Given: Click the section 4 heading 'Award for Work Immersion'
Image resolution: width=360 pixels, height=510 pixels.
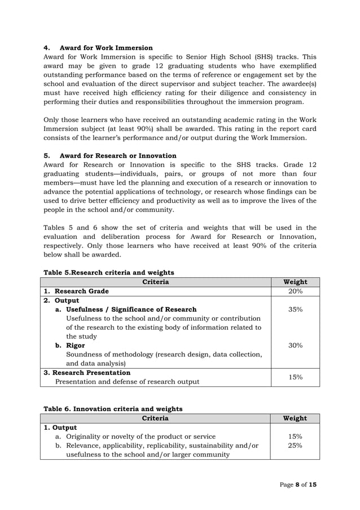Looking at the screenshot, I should point(106,47).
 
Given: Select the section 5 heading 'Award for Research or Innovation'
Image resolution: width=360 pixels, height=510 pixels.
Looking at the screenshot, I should point(118,155).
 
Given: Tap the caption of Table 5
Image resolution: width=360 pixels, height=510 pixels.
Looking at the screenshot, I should point(109,272).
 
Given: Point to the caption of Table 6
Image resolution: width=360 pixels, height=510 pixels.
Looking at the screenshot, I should point(113,408).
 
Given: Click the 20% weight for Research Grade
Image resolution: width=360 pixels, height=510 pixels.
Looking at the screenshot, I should point(295,291).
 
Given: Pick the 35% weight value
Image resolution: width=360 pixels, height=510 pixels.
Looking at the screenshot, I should point(295,310).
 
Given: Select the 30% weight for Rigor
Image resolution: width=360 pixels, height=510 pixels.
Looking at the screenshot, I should point(295,345).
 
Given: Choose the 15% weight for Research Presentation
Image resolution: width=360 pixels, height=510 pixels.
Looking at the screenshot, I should point(295,377).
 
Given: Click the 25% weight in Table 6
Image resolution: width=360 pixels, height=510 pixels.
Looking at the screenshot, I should point(295,446).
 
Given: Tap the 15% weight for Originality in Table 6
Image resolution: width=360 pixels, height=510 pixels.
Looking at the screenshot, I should point(295,437).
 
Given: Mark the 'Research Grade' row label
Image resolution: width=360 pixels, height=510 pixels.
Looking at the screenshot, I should point(81,291).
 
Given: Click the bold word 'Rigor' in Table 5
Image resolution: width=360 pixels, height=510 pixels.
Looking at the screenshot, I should point(76,345).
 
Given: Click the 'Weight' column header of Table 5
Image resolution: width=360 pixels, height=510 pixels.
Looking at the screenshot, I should point(295,282).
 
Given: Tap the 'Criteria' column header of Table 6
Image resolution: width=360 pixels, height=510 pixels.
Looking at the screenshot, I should point(155,419).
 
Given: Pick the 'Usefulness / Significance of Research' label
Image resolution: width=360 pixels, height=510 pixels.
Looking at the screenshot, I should point(131,310).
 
